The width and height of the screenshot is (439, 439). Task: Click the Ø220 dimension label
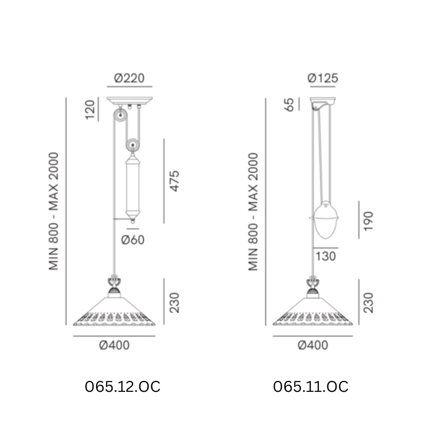click(x=129, y=78)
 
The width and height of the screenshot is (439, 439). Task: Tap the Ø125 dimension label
click(x=323, y=78)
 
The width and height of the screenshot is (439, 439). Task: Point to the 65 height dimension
click(x=289, y=104)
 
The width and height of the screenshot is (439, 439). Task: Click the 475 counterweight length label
click(x=174, y=181)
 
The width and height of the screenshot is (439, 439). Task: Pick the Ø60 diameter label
click(x=133, y=240)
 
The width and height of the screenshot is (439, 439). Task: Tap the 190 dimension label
click(x=368, y=221)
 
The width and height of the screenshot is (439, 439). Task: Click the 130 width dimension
click(x=326, y=256)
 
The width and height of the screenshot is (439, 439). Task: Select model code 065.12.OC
click(x=123, y=387)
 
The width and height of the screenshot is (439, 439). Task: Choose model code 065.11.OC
click(x=311, y=387)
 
